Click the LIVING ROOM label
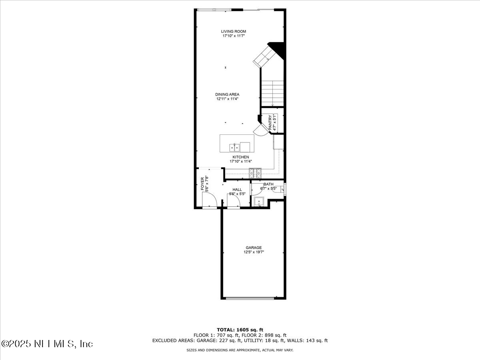coord(234,31)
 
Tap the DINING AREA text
coord(227,94)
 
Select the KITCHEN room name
coord(241,157)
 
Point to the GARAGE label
coord(254,248)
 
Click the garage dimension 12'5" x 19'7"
coord(254,252)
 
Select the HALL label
coord(237,190)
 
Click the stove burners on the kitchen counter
coord(255,173)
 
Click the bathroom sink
coord(259,202)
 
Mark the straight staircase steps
coord(272,92)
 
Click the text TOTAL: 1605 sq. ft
coord(240,330)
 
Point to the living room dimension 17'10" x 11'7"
coord(234,36)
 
